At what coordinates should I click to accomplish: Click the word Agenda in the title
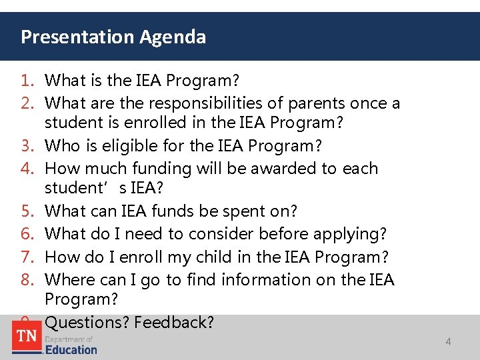point(173,37)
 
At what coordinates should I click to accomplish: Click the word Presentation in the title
point(78,37)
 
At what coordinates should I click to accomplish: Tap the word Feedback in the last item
point(174,323)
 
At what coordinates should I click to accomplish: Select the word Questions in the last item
point(87,323)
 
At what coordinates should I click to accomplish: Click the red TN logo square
point(27,337)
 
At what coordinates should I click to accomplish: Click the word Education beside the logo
point(71,349)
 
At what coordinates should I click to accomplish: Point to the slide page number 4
point(448,342)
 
